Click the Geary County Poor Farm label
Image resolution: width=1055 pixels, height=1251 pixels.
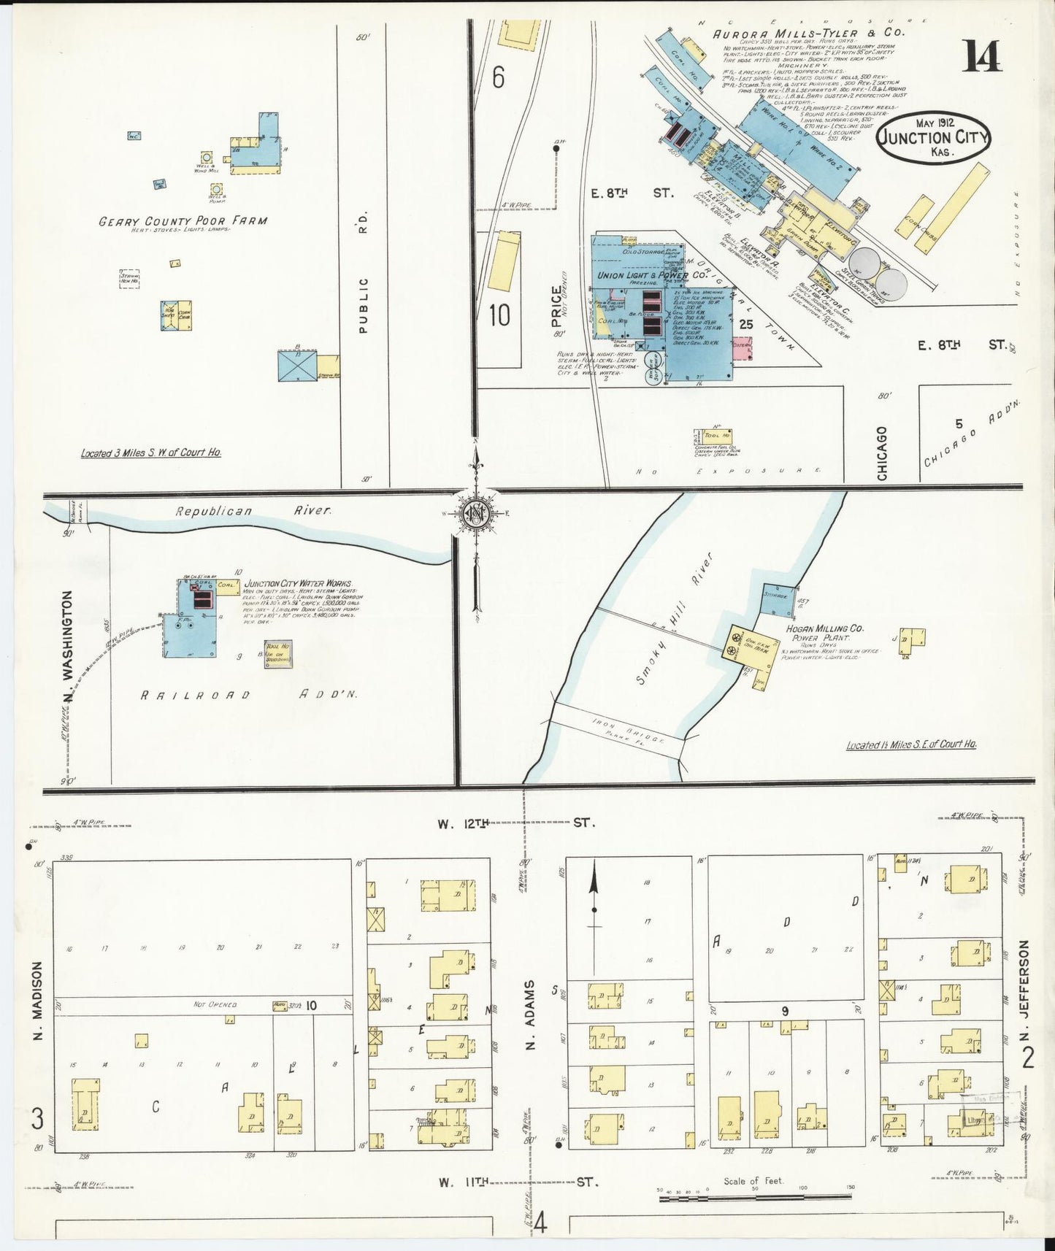(183, 220)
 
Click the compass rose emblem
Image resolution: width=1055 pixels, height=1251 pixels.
(476, 515)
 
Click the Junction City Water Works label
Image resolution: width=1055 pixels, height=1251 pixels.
(297, 584)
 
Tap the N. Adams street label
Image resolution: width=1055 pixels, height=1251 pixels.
(532, 1015)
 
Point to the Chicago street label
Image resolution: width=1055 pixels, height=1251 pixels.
(882, 453)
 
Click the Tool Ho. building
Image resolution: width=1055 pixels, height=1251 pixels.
(717, 435)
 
